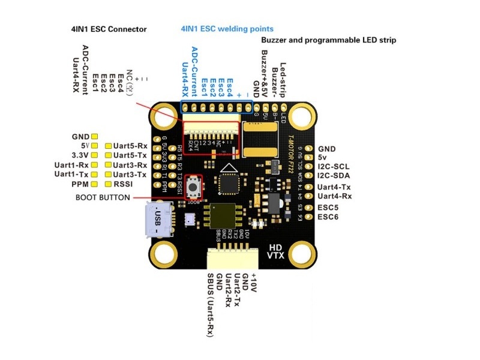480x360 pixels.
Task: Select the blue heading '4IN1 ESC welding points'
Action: point(227,28)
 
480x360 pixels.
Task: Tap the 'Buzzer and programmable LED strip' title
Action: point(328,40)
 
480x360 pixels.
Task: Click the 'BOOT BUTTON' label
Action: point(103,197)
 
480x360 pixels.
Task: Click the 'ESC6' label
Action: point(328,216)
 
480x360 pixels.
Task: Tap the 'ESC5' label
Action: point(328,206)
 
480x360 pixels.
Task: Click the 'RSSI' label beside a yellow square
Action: point(124,184)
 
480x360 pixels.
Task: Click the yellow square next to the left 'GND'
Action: point(95,136)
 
